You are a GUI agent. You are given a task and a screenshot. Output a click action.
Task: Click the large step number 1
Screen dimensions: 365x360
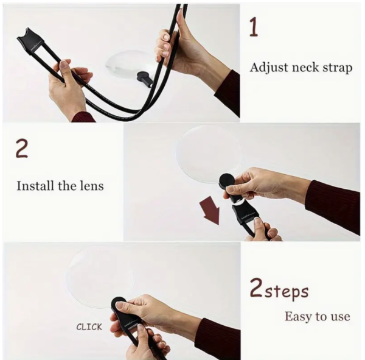[x=254, y=27]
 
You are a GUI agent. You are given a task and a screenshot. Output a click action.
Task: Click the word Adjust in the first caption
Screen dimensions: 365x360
[x=269, y=68]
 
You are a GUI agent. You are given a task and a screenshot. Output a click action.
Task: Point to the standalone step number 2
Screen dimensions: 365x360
[x=22, y=149]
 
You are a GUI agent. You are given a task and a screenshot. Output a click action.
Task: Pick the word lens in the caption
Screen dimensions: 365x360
[x=92, y=186]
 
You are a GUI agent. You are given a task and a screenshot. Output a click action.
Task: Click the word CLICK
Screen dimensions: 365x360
[x=89, y=327]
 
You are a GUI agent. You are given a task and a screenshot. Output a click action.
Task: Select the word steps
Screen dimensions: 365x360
[x=287, y=292]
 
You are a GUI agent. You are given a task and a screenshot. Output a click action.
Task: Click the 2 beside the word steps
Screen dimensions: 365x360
[x=256, y=288]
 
